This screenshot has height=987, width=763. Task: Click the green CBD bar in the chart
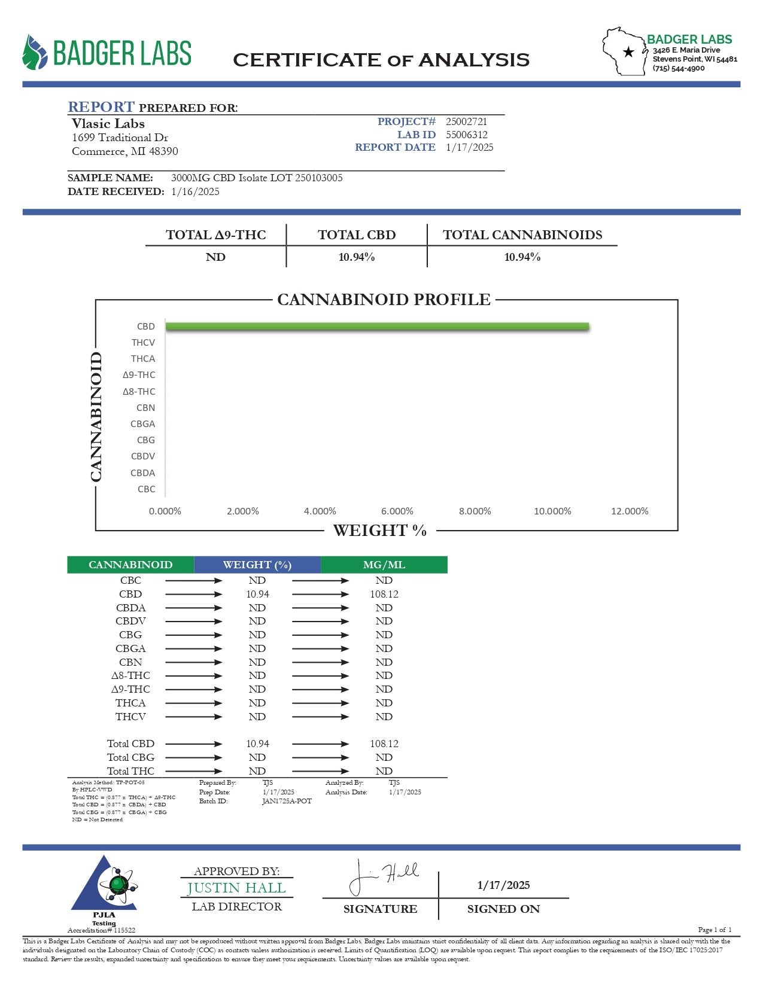(x=377, y=327)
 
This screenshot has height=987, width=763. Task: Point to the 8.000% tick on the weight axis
(x=475, y=511)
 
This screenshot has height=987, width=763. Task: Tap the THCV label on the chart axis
(x=143, y=343)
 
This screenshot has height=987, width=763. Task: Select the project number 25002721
(x=466, y=122)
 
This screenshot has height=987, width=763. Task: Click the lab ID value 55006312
(x=466, y=135)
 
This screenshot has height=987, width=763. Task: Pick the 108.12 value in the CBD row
(x=384, y=595)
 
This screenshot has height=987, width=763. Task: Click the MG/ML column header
(x=384, y=565)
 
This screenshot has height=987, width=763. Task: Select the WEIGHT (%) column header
(x=257, y=565)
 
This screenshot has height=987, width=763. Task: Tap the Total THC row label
(x=130, y=771)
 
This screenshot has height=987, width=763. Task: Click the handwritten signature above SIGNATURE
(x=383, y=877)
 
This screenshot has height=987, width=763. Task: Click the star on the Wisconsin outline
(x=628, y=52)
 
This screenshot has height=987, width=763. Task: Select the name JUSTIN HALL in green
(x=236, y=888)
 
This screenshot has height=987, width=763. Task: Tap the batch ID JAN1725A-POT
(x=287, y=802)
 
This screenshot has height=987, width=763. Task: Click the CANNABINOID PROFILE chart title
(x=384, y=300)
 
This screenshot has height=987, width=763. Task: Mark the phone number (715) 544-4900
(x=679, y=69)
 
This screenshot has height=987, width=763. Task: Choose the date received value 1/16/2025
(x=195, y=192)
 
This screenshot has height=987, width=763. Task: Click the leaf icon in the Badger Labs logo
(x=35, y=53)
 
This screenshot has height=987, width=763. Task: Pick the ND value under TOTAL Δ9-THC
(x=215, y=257)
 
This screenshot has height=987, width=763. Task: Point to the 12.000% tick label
(x=630, y=511)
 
